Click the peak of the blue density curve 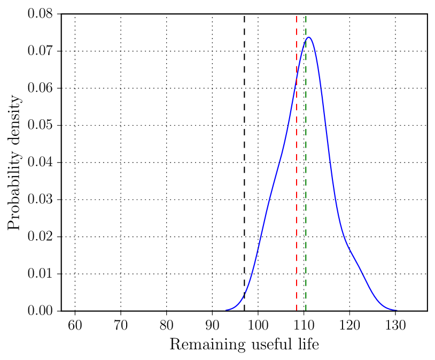point(308,37)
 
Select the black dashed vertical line point(244,160)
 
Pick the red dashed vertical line point(297,160)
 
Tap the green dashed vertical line point(306,160)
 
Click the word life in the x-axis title point(308,345)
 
